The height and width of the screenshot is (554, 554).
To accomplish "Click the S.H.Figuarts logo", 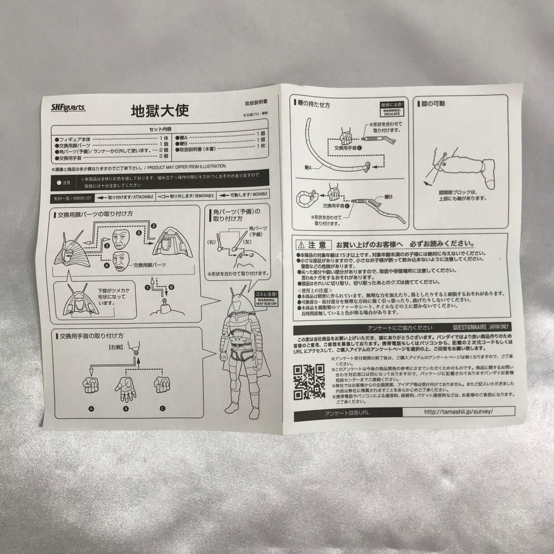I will pyautogui.click(x=69, y=107).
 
